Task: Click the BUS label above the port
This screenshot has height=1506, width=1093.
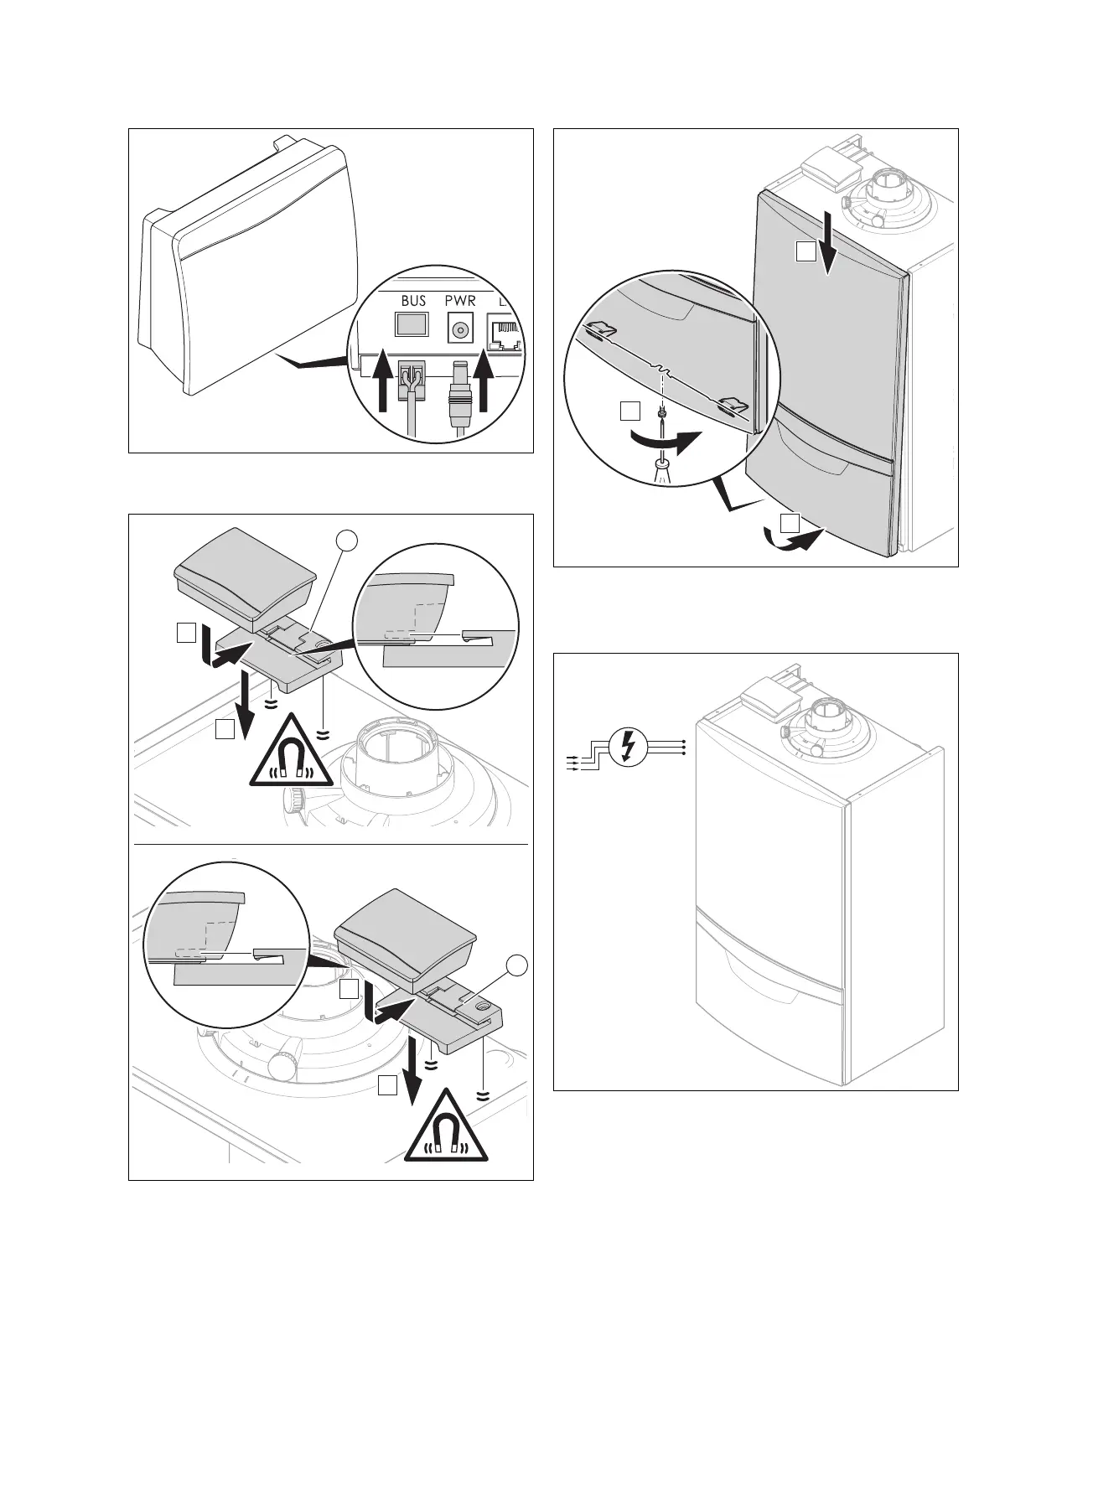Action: pyautogui.click(x=413, y=301)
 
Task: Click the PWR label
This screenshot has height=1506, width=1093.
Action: pyautogui.click(x=460, y=301)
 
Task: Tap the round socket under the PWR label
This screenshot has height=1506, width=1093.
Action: pyautogui.click(x=459, y=330)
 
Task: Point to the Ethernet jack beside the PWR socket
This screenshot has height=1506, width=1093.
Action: pyautogui.click(x=505, y=334)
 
